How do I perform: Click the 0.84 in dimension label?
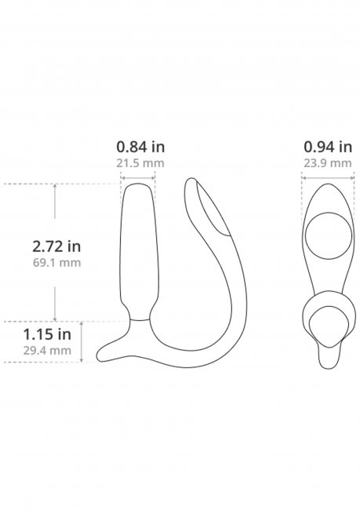pyautogui.click(x=140, y=147)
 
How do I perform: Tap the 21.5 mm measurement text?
pyautogui.click(x=140, y=163)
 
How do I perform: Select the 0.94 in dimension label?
pyautogui.click(x=328, y=147)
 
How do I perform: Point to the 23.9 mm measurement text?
pyautogui.click(x=328, y=163)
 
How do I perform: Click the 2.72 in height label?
pyautogui.click(x=56, y=246)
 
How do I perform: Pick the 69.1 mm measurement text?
pyautogui.click(x=56, y=263)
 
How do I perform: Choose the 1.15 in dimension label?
pyautogui.click(x=47, y=334)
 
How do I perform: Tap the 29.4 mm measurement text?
pyautogui.click(x=47, y=351)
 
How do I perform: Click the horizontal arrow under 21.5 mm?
pyautogui.click(x=138, y=178)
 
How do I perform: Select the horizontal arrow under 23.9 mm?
pyautogui.click(x=328, y=177)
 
